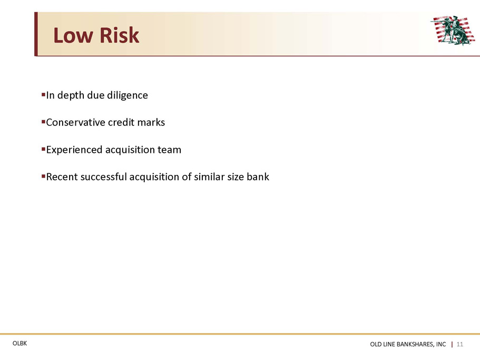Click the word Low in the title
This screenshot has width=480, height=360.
[73, 35]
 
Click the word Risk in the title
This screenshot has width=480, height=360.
[120, 35]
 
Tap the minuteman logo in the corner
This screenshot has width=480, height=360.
[453, 30]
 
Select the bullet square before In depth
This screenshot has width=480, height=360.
[43, 94]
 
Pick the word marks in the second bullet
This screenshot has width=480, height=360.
[151, 122]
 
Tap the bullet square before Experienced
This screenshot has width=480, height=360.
[43, 149]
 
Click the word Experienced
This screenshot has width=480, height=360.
[74, 150]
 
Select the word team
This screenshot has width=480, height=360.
[169, 150]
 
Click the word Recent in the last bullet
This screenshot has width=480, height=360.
[62, 177]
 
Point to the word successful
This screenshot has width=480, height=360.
[104, 177]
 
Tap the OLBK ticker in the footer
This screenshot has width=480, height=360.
[19, 344]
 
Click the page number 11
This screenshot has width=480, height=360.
[460, 344]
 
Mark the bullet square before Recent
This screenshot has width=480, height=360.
[43, 176]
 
